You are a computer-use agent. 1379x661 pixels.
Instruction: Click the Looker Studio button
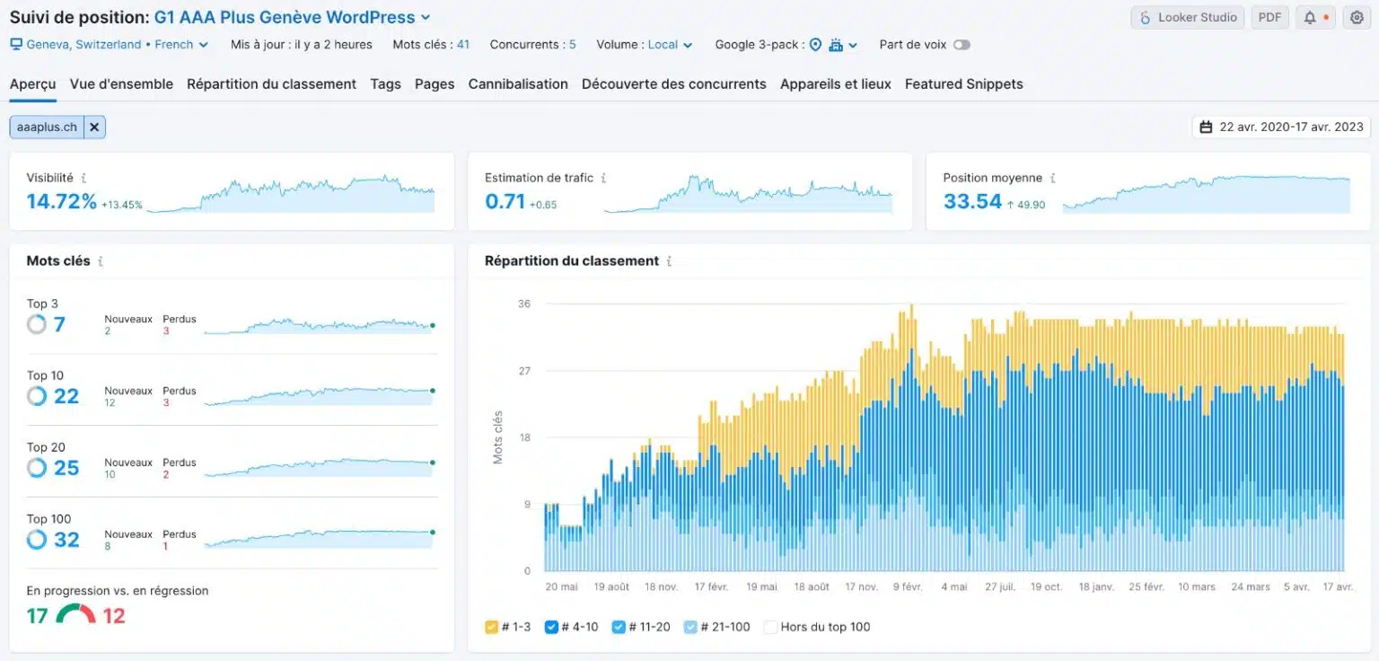1188,17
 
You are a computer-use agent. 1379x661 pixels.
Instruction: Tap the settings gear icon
1356,17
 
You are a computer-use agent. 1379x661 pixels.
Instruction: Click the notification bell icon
1310,17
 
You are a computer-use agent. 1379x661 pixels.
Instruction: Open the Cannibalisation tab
518,84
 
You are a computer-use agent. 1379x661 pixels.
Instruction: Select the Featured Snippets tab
963,84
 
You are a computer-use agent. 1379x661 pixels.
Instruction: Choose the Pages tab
435,84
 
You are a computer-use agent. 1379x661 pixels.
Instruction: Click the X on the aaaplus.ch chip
94,128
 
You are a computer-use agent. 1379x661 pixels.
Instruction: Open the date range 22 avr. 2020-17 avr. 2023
1281,128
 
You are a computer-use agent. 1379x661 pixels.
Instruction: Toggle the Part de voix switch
962,45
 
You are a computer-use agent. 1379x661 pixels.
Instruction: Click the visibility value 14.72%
61,201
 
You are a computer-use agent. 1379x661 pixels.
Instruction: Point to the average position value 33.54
972,201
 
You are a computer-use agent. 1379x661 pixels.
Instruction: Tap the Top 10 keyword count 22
66,396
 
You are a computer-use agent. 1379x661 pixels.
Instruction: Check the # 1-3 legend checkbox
491,627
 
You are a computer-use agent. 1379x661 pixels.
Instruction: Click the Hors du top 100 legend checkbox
769,627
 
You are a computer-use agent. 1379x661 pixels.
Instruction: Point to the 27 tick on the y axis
524,371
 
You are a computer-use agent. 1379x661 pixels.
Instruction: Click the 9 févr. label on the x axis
907,586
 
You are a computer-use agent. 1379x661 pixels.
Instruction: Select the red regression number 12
114,616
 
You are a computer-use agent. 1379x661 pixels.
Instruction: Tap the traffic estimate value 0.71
505,201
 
